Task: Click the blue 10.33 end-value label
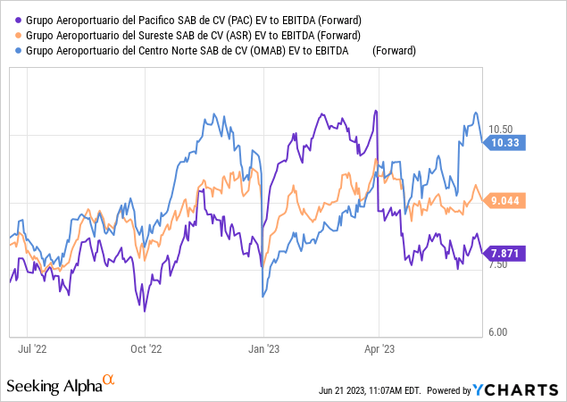point(505,142)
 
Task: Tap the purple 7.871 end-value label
point(504,254)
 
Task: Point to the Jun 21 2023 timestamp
point(370,390)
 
